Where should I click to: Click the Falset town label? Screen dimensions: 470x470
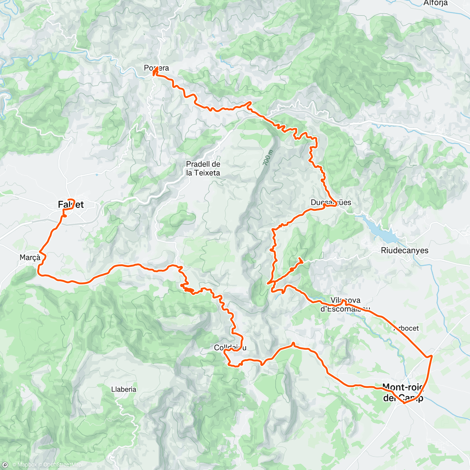tap(71, 204)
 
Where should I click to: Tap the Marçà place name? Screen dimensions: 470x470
tap(30, 257)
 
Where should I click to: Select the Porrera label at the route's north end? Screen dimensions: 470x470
tap(157, 68)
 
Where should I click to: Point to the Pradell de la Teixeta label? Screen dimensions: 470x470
tap(203, 168)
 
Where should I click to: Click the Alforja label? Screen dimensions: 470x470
tap(435, 3)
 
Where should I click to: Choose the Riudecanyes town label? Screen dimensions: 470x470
tap(405, 250)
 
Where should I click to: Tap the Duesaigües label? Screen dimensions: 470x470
tap(331, 202)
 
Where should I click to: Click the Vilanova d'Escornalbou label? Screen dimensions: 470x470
tap(345, 305)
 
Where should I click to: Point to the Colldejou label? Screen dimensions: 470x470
tap(230, 348)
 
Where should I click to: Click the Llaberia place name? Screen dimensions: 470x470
tap(124, 389)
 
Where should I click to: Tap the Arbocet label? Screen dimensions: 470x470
tap(406, 328)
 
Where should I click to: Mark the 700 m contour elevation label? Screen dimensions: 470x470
tap(267, 158)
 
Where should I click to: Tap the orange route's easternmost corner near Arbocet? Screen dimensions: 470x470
tap(432, 356)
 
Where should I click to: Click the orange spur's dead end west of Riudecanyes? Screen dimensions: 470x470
tap(300, 259)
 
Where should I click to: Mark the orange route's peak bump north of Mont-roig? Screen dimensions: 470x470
tap(293, 343)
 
